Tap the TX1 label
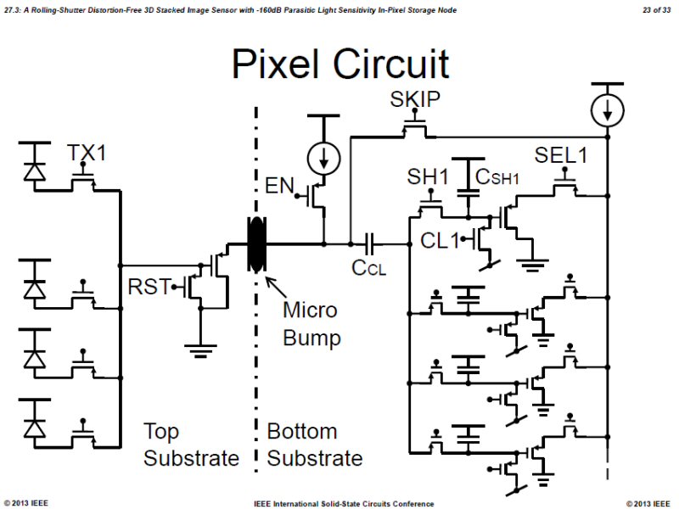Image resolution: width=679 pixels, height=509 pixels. click(87, 154)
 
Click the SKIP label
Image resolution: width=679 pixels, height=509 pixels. click(415, 100)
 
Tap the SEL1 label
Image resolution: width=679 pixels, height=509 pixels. click(561, 157)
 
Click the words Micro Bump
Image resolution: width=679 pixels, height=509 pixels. click(311, 323)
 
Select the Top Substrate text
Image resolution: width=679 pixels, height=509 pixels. click(191, 445)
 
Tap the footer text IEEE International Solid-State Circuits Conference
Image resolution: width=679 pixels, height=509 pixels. click(343, 503)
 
